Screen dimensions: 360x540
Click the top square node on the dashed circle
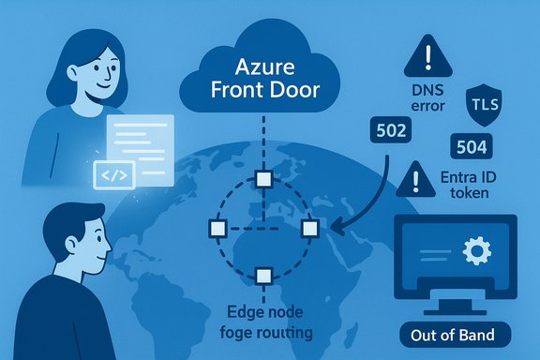[x=264, y=179]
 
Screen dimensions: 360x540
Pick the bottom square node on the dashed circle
[x=264, y=274]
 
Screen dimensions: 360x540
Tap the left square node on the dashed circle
[x=217, y=229]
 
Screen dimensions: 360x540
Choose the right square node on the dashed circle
[x=310, y=229]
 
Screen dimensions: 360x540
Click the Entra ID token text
[x=476, y=187]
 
